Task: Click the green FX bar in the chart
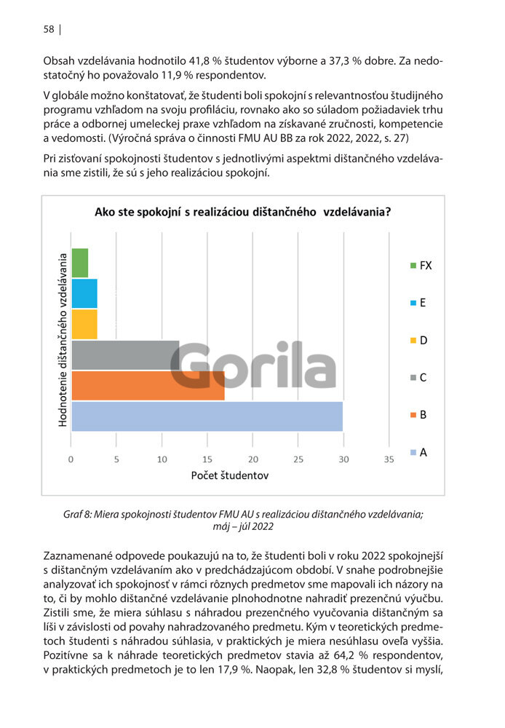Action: [x=80, y=263]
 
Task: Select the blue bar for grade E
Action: [x=84, y=293]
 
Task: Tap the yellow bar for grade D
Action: [x=84, y=324]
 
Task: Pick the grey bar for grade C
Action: [x=125, y=355]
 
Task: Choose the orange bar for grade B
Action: [x=148, y=386]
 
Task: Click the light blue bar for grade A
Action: [x=207, y=416]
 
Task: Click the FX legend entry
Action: [x=421, y=266]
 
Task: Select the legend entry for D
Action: [x=418, y=340]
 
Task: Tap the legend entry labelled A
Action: [x=418, y=452]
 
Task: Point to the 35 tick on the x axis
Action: [x=389, y=459]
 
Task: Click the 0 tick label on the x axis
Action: [x=71, y=459]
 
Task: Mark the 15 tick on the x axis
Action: [x=207, y=459]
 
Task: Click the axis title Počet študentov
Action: [x=230, y=475]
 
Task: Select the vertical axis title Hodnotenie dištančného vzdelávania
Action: [x=63, y=340]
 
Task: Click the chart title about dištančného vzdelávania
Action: [x=243, y=212]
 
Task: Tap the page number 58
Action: [x=49, y=29]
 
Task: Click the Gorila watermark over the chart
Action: [x=253, y=365]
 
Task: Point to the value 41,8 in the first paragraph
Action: [x=199, y=61]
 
